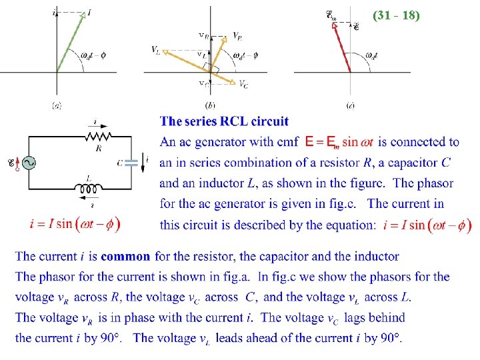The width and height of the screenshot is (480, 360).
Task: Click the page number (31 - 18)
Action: pyautogui.click(x=396, y=14)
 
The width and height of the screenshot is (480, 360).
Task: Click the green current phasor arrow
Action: pyautogui.click(x=69, y=41)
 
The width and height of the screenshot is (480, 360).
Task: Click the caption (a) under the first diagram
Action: pyautogui.click(x=57, y=105)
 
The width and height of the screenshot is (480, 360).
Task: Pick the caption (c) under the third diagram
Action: pyautogui.click(x=350, y=105)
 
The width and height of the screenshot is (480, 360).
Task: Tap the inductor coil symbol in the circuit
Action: pyautogui.click(x=89, y=187)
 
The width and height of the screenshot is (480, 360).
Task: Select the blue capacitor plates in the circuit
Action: pyautogui.click(x=131, y=161)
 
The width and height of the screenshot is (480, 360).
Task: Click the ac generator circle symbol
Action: pyautogui.click(x=29, y=162)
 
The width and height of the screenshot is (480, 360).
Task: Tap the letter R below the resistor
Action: pyautogui.click(x=98, y=148)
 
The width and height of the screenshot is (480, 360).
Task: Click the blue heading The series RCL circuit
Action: pyautogui.click(x=225, y=121)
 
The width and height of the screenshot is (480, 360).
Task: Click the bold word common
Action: pyautogui.click(x=125, y=257)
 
